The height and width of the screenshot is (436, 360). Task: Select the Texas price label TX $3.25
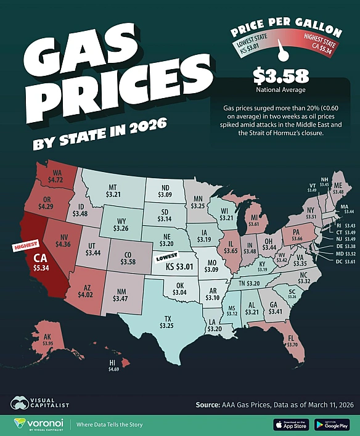pyautogui.click(x=165, y=321)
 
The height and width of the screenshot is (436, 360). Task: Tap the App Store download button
pyautogui.click(x=291, y=424)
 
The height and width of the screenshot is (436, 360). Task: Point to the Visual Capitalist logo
pyautogui.click(x=39, y=404)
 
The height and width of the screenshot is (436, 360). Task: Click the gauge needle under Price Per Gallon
pyautogui.click(x=284, y=54)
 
